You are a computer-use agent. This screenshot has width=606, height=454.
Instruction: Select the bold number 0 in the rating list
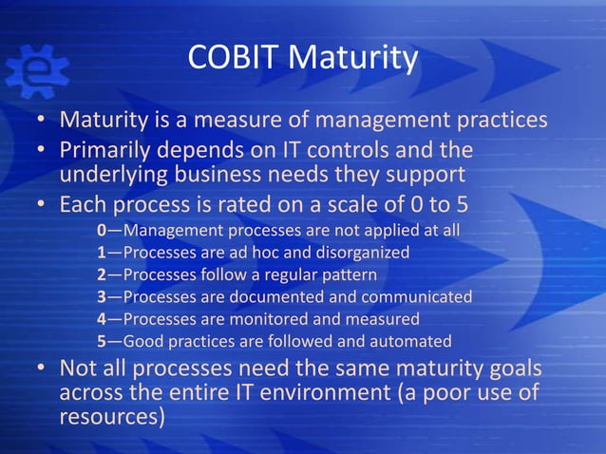click(102, 231)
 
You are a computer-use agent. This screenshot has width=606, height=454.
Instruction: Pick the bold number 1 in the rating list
click(102, 253)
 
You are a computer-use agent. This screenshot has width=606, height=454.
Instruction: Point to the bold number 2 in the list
click(102, 275)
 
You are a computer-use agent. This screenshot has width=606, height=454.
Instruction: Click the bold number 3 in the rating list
click(102, 297)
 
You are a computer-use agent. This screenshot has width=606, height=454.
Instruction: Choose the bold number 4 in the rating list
click(102, 319)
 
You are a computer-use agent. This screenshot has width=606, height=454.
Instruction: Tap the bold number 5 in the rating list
click(102, 341)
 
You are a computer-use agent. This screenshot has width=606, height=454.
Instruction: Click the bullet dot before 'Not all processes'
click(43, 369)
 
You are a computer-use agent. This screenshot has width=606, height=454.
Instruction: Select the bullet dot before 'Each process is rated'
click(43, 206)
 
